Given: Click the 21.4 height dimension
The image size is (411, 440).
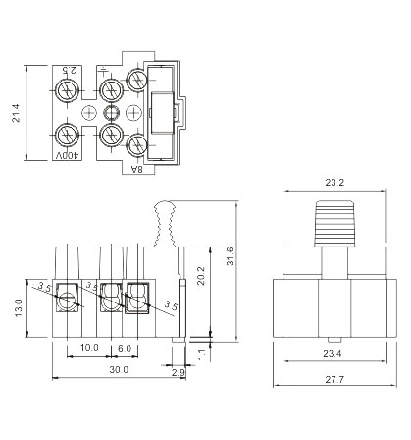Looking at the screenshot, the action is click(x=16, y=113).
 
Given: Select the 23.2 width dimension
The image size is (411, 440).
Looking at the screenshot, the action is click(x=334, y=183).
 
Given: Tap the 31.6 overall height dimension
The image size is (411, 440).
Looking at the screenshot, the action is click(x=231, y=256).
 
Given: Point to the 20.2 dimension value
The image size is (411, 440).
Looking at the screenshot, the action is click(x=201, y=276).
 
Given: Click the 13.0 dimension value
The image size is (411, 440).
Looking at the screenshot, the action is click(x=18, y=307).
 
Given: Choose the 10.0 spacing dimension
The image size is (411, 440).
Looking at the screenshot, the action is click(x=89, y=348).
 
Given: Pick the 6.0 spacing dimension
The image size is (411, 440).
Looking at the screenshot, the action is click(x=125, y=348).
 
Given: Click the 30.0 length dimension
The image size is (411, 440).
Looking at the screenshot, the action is click(x=119, y=370).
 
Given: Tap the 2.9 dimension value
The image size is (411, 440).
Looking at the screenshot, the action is click(x=179, y=372).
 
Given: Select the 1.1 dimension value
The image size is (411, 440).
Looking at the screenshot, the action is click(x=202, y=355).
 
